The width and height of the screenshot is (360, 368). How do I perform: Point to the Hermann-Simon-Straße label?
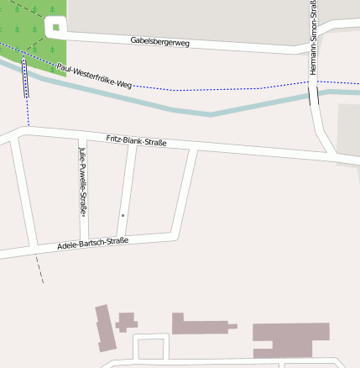(x=313, y=38)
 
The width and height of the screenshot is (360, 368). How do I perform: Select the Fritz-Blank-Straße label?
(x=137, y=141)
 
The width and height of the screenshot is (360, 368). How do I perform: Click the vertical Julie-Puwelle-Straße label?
(x=81, y=181)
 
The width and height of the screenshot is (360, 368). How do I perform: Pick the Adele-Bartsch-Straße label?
(x=92, y=244)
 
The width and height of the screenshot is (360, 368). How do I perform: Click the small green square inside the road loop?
(x=56, y=28)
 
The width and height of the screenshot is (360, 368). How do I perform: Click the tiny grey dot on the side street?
(x=123, y=216)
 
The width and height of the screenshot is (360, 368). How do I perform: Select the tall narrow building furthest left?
(x=104, y=328)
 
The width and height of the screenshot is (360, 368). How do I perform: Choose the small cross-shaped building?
(x=127, y=321)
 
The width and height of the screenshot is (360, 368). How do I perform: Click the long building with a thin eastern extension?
(x=201, y=324)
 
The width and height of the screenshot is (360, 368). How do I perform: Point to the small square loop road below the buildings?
(x=152, y=347)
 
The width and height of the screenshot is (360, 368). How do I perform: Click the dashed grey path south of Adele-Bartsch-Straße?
(x=39, y=269)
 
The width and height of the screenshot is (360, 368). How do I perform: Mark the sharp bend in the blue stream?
(x=211, y=113)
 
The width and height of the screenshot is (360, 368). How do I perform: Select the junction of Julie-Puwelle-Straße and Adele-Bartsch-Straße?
(x=83, y=239)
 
